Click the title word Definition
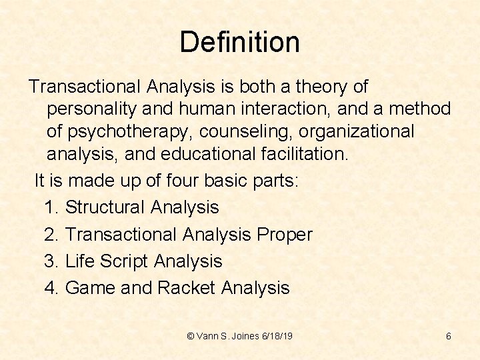tap(239, 42)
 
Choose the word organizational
tap(355, 131)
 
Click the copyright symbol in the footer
tap(191, 336)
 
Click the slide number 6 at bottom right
tap(449, 336)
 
